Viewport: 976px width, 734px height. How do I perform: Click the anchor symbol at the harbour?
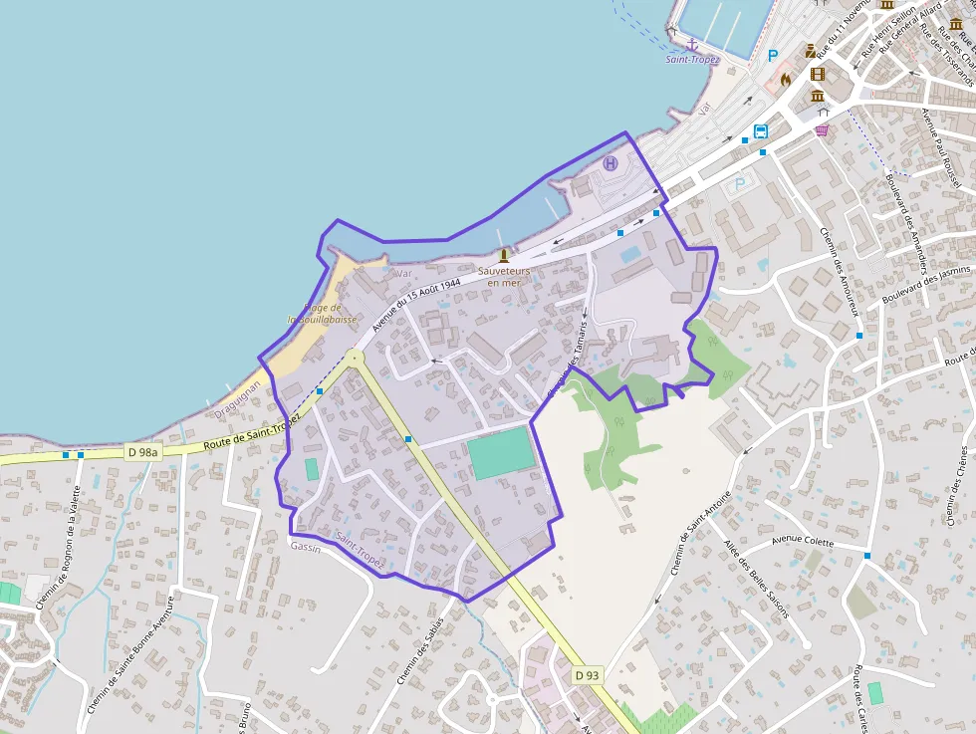tap(692, 44)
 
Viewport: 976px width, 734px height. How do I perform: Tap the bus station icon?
tap(761, 131)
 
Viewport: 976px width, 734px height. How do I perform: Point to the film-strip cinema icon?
tap(818, 73)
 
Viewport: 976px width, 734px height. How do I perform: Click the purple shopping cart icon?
tap(822, 129)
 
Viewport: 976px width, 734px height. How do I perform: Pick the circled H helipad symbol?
tap(610, 163)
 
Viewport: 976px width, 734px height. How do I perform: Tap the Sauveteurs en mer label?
tap(503, 276)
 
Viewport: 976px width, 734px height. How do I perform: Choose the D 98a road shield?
tap(143, 452)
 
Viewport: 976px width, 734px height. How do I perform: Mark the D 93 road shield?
tap(588, 675)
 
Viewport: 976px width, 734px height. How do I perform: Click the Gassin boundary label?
tap(305, 549)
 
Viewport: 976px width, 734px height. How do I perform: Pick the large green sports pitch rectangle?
tap(500, 453)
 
